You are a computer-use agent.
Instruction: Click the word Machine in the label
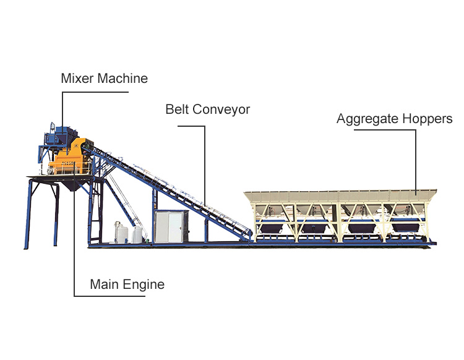(x=122, y=79)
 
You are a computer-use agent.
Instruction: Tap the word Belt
(x=177, y=109)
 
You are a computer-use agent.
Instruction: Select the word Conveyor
(x=221, y=109)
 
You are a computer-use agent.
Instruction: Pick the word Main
(x=105, y=285)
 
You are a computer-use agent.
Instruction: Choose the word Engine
(x=144, y=285)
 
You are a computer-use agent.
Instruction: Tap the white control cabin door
(x=174, y=227)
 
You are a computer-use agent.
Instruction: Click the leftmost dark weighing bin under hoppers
(x=270, y=228)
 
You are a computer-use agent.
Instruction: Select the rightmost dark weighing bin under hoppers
(x=405, y=228)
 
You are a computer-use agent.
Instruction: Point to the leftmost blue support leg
(x=28, y=215)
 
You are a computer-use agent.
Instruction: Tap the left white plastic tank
(x=121, y=233)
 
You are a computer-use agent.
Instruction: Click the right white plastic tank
(x=137, y=235)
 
